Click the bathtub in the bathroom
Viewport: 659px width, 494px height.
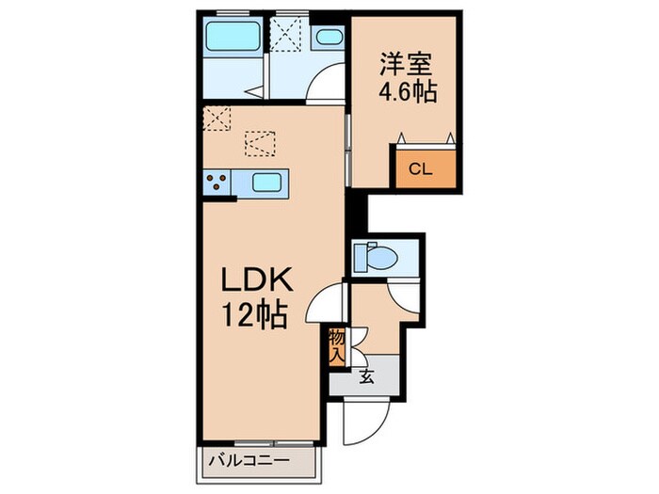coord(233,40)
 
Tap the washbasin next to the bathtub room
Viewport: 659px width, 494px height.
coord(329,39)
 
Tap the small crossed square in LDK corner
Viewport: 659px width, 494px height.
coord(217,119)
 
